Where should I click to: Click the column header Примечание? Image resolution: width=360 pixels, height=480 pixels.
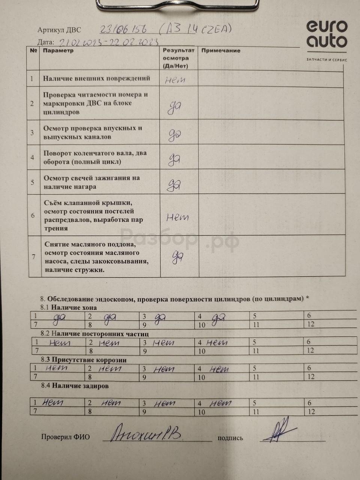pos(221,51)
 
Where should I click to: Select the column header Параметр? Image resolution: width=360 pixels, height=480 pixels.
pos(58,51)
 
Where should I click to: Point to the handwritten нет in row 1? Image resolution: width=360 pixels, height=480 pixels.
pos(175,79)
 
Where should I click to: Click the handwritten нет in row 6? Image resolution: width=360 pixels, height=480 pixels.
pos(177,217)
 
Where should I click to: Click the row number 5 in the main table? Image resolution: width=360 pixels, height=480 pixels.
pos(33,182)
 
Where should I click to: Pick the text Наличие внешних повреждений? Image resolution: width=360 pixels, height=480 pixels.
pos(96,78)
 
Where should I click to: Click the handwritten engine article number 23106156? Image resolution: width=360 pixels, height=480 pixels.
pos(123,29)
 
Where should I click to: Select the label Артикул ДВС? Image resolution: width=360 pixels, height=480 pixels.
pos(59,30)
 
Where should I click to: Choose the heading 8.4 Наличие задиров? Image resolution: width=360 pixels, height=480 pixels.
pos(75,385)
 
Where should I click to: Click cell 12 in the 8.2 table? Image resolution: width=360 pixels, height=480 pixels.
pos(310,351)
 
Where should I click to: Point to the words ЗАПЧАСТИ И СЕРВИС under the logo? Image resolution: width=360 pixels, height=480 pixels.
pos(327,60)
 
